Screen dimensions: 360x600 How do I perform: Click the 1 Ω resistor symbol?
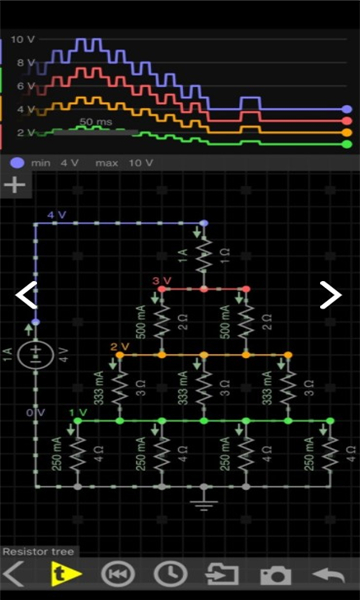[x=203, y=257]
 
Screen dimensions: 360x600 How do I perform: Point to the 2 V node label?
[x=120, y=347]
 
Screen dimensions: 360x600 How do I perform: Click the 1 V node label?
[x=78, y=413]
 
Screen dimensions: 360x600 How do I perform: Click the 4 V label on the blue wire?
[x=57, y=215]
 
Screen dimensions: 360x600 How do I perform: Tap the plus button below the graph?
[x=15, y=185]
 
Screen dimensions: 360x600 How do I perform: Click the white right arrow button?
[x=330, y=294]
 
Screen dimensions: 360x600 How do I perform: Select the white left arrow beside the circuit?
[x=26, y=294]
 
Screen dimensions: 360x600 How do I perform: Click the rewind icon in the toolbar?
[x=118, y=575]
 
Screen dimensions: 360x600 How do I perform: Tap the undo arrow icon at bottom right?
[x=329, y=575]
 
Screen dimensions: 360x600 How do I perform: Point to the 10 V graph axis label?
[x=22, y=40]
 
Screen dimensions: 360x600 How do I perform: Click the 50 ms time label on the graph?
[x=96, y=122]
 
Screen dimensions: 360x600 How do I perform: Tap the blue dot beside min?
[x=16, y=162]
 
